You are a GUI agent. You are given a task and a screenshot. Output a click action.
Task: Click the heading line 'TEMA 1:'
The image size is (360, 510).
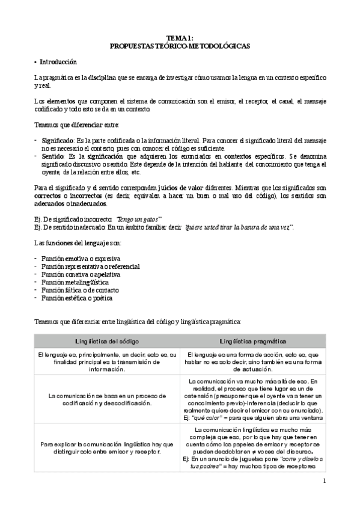point(180,37)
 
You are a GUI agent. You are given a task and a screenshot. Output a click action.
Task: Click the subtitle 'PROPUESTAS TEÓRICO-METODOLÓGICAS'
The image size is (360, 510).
point(180,45)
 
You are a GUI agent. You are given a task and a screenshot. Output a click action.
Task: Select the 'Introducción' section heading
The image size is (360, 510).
point(58,63)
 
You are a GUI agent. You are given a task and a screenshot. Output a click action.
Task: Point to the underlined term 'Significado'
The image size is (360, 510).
point(58,140)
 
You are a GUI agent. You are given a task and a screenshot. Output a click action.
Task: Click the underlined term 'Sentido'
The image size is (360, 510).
point(52,156)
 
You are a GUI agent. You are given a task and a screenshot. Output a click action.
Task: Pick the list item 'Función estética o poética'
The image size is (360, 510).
point(77,298)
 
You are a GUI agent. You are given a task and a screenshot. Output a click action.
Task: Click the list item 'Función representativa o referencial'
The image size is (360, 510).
point(91,266)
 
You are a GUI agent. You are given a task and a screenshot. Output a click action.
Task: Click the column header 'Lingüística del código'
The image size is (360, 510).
point(105,341)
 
